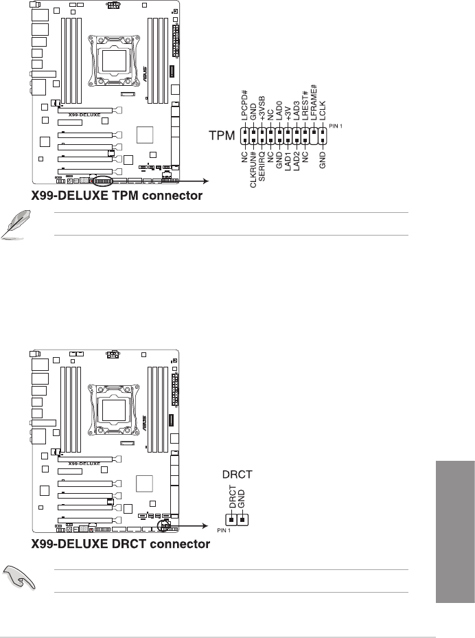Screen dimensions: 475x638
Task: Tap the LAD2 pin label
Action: tap(297, 163)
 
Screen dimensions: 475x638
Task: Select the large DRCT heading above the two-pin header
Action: tap(237, 473)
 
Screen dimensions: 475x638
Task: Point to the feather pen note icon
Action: tap(15, 225)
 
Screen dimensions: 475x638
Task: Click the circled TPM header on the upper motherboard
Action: tap(104, 181)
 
